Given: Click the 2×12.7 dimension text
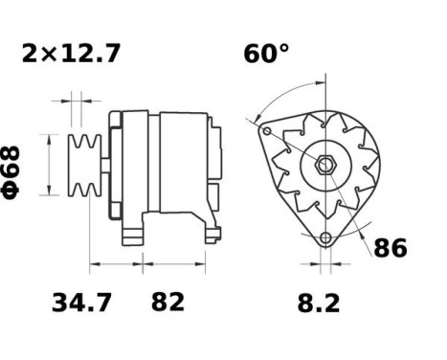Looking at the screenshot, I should point(71,54).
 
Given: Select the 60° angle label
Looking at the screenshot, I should point(265,54).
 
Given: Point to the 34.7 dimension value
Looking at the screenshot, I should point(80,304).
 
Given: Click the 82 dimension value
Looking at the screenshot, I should point(168,304).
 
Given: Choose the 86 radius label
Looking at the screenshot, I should point(390,248).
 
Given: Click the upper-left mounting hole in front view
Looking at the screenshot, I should point(268,129).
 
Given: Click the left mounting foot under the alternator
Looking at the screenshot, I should point(131,233).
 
